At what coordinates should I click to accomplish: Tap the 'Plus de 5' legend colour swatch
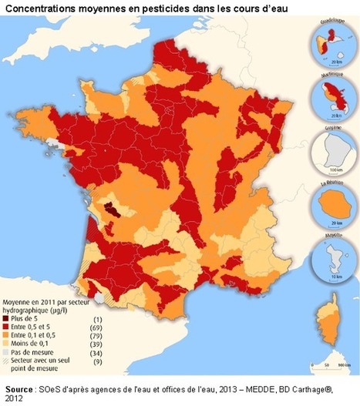point(12,317)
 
